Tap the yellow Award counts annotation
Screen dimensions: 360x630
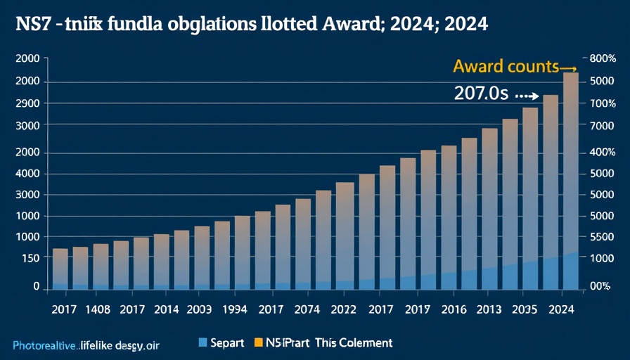click(506, 67)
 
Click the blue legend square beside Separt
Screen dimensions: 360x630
click(203, 342)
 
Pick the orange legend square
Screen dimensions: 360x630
click(258, 342)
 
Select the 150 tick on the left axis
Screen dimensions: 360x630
click(30, 258)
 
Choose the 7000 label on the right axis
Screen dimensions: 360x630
click(603, 125)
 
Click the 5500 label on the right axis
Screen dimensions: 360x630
click(603, 237)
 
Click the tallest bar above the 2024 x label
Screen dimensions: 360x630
click(571, 176)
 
